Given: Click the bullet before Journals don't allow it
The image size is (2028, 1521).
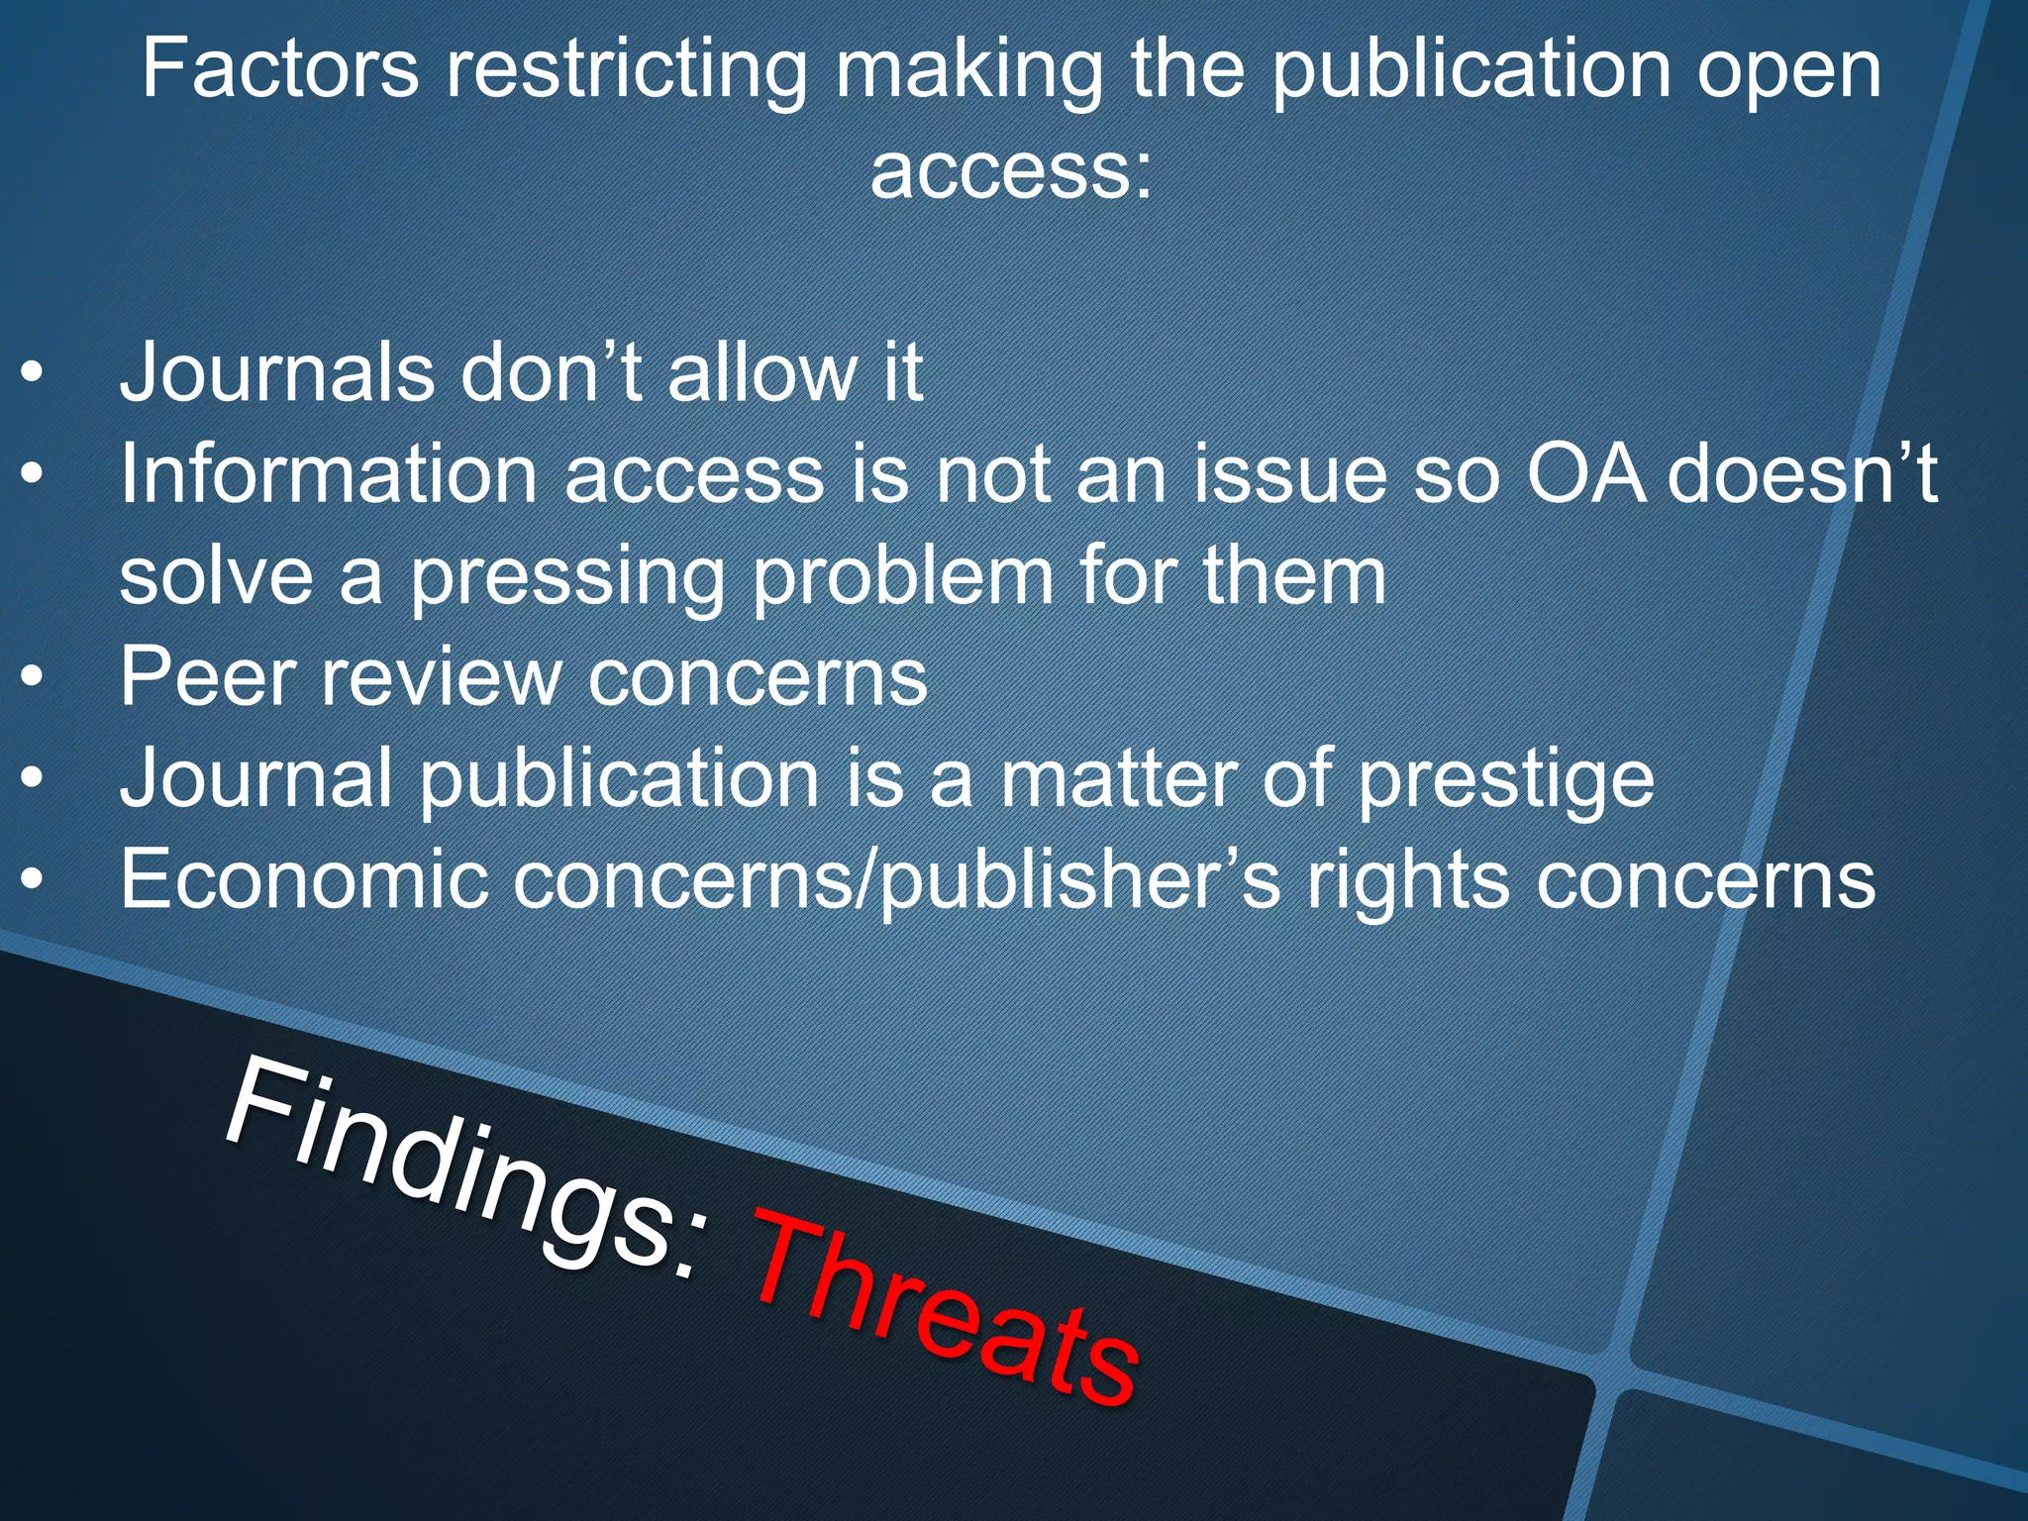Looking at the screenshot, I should pos(33,375).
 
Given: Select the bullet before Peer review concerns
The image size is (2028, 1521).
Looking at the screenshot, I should pos(33,678).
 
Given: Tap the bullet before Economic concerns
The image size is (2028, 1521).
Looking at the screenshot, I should pos(33,879).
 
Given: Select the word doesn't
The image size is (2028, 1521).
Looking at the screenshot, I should pos(1802,474).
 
